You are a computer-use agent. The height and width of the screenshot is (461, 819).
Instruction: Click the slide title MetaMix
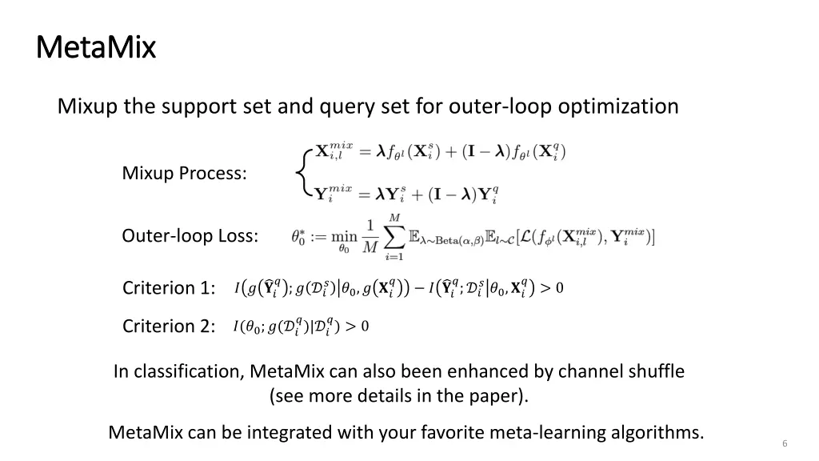click(x=96, y=47)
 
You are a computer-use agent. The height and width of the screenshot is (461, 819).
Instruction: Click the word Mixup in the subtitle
click(x=88, y=106)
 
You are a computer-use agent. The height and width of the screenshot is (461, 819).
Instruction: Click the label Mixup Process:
click(x=184, y=173)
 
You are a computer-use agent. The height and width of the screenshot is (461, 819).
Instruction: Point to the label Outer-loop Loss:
click(x=190, y=236)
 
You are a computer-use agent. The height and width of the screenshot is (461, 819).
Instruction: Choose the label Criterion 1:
click(x=168, y=287)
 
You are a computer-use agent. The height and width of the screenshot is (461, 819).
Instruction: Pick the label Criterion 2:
click(x=168, y=326)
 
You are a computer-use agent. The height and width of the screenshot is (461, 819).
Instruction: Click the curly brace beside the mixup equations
click(x=302, y=171)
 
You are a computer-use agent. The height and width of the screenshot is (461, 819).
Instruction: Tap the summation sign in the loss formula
click(x=394, y=236)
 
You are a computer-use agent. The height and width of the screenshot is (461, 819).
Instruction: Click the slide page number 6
click(x=785, y=443)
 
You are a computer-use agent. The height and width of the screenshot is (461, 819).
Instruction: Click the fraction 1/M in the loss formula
click(x=370, y=236)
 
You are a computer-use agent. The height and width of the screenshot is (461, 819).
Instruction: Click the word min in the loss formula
click(x=344, y=235)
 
